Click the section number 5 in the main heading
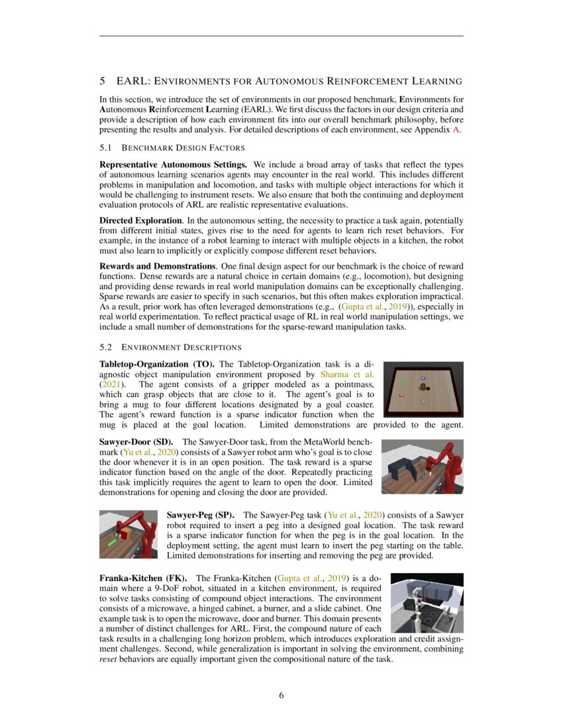point(103,81)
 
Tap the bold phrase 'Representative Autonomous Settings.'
point(174,163)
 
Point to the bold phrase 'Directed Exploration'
point(141,219)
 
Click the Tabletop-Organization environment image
point(424,389)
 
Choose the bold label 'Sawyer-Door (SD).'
point(136,441)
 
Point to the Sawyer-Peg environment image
point(128,535)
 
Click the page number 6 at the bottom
point(281,696)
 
